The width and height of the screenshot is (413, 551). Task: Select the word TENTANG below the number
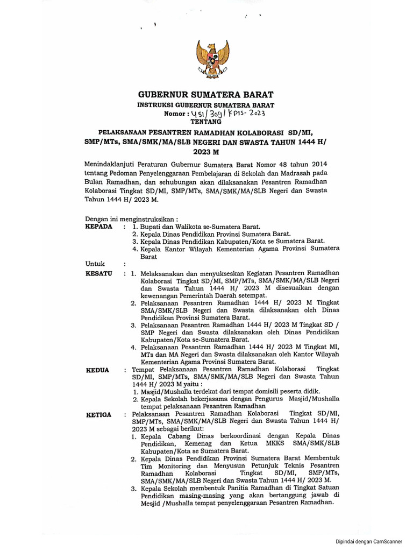206,122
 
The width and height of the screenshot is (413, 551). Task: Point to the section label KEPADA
99,227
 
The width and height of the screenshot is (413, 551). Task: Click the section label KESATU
99,273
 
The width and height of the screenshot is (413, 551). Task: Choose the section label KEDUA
98,370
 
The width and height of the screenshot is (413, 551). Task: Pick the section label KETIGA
99,414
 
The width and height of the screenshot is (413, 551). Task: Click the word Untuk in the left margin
95,264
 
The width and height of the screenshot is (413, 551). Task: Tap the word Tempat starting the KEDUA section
143,370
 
